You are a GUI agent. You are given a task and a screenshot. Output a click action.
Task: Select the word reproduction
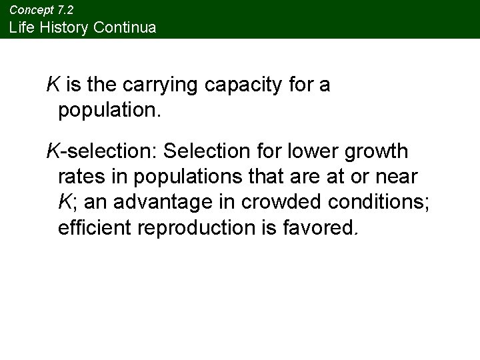(193, 228)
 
